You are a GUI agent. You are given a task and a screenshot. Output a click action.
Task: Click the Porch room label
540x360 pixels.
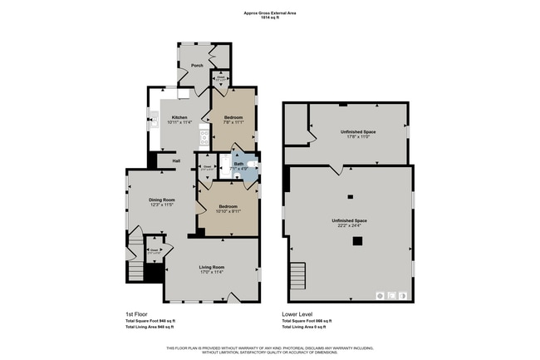197,65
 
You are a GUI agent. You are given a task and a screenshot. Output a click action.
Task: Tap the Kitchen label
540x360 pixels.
179,117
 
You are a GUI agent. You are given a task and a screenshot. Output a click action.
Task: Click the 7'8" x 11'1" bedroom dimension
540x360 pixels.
233,122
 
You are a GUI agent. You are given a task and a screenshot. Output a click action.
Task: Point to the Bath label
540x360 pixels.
238,164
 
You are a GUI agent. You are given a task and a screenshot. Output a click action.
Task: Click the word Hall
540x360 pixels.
176,160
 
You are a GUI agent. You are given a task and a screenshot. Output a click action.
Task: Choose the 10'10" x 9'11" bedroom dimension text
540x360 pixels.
228,211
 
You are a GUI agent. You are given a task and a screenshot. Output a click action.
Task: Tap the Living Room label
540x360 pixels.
212,267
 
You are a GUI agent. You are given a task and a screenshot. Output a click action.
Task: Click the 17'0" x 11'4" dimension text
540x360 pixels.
212,272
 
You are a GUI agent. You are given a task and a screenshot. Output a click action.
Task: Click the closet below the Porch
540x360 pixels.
220,81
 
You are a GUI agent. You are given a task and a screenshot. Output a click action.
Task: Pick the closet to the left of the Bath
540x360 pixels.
207,167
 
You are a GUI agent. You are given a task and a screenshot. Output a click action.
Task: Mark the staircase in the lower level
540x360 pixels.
297,272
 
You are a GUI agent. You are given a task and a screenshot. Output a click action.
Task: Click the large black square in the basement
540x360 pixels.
356,241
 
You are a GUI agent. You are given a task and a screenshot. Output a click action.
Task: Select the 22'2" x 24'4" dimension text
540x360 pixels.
350,224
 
